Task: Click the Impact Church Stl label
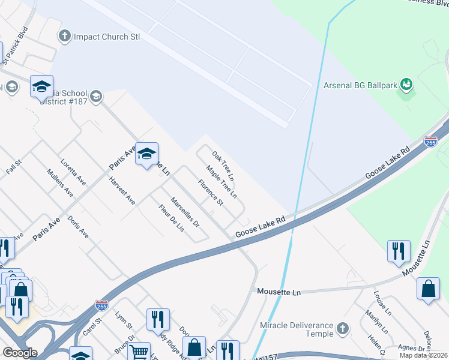[106, 37]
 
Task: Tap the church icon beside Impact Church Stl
[64, 37]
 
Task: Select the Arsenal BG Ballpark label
[361, 85]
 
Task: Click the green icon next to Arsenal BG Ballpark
[406, 85]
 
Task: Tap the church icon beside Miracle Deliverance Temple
[342, 328]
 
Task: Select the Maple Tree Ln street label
[221, 182]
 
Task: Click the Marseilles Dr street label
[184, 213]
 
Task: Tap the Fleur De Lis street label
[171, 220]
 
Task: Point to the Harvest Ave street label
[122, 191]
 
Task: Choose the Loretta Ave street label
[73, 172]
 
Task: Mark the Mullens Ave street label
[60, 184]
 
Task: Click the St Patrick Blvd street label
[16, 45]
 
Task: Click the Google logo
[20, 352]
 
